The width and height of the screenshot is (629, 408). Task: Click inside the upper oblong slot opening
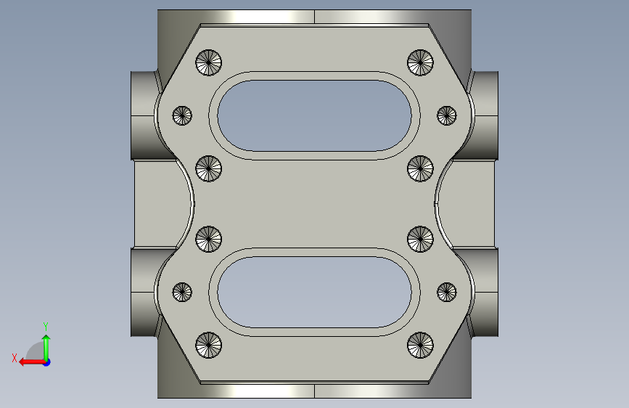[x=315, y=115]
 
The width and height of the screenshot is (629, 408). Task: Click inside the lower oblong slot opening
[x=315, y=293]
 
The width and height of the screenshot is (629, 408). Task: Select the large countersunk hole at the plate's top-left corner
[x=209, y=62]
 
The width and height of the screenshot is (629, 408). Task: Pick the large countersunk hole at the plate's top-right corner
[x=420, y=62]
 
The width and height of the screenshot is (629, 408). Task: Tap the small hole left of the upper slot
[x=182, y=115]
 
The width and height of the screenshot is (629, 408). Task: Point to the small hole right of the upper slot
[x=447, y=115]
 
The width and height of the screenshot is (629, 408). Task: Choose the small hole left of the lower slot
[x=182, y=292]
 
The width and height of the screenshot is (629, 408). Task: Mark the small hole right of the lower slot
[x=447, y=292]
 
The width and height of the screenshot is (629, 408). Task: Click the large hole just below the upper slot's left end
[x=209, y=168]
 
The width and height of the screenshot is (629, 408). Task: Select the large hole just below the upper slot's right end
[x=420, y=168]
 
